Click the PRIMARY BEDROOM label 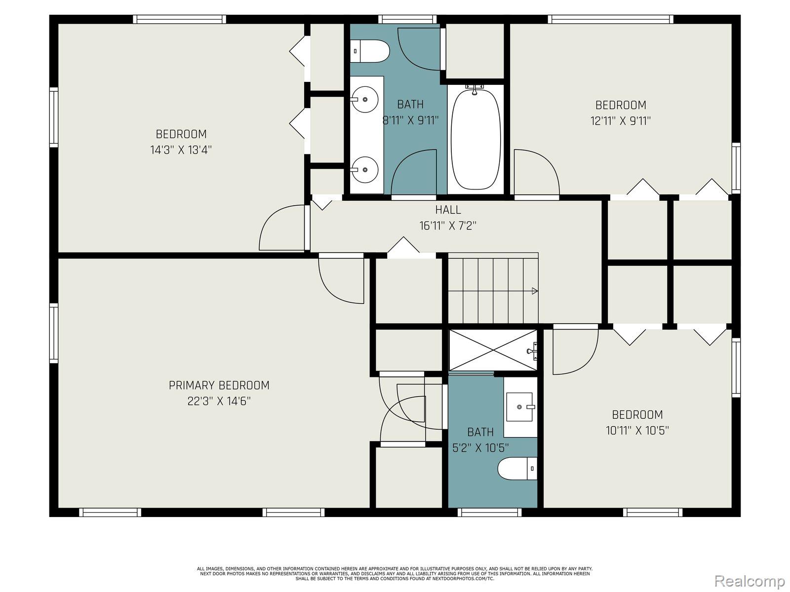219,385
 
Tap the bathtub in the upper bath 475,140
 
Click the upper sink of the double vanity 365,99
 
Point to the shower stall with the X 493,350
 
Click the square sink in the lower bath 520,407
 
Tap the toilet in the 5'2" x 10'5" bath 516,469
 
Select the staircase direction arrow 534,291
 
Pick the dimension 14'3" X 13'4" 181,150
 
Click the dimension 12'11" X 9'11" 621,121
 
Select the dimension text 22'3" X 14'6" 219,401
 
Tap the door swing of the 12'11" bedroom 536,173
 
